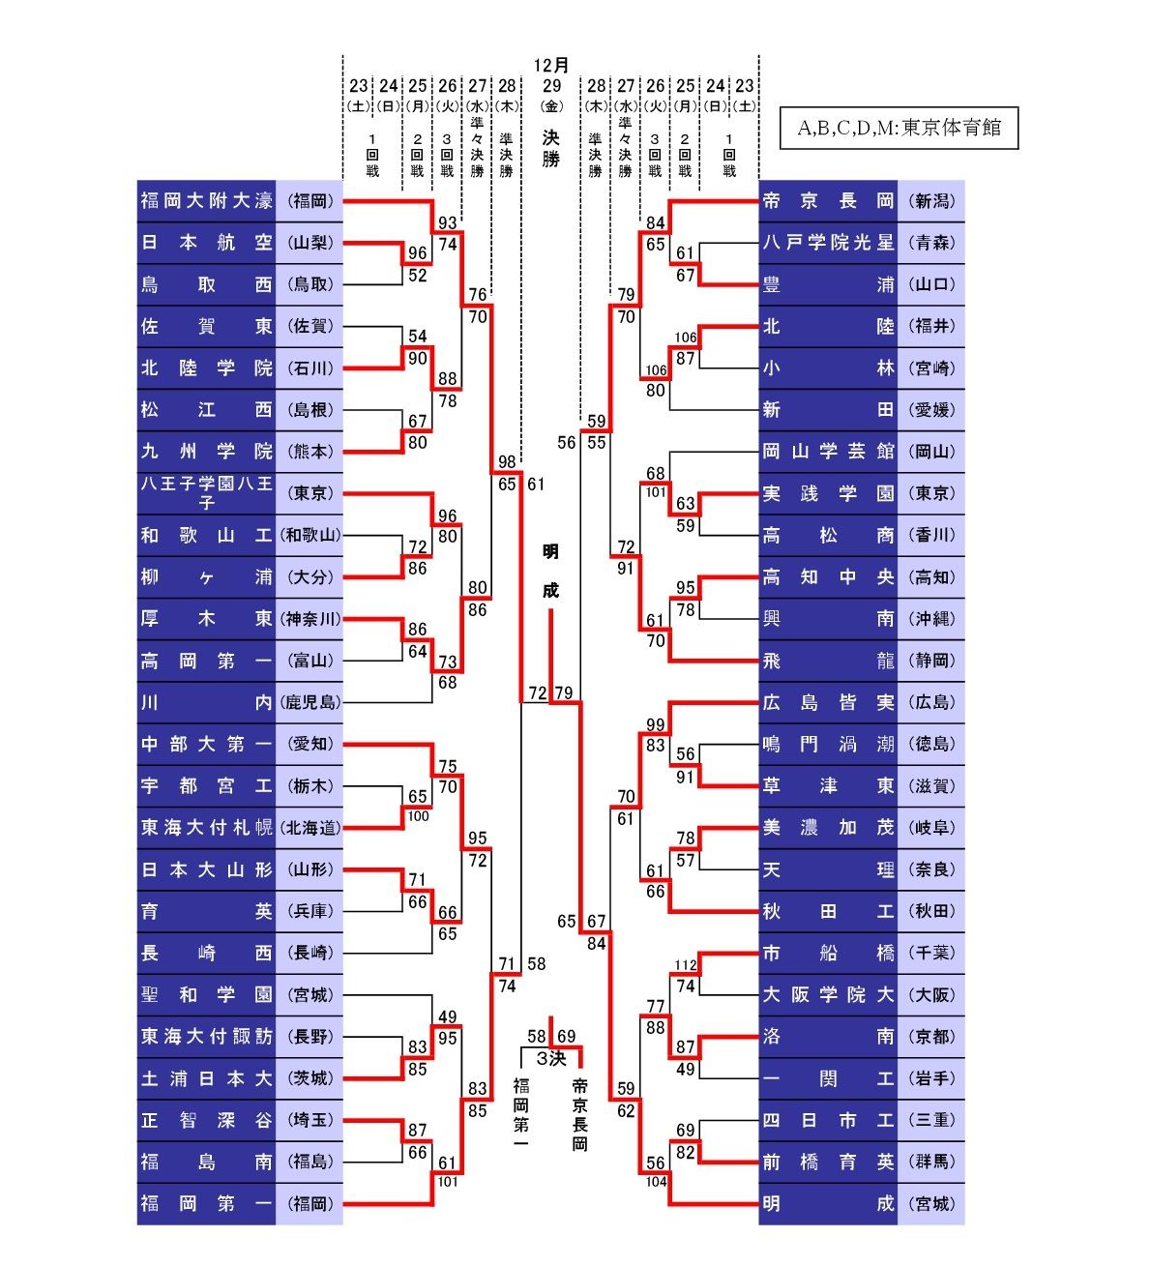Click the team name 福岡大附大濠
(206, 201)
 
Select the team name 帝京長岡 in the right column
(828, 201)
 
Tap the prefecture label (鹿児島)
(310, 703)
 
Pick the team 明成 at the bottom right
(828, 1204)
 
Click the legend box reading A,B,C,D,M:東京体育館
(899, 128)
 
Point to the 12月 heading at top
(551, 65)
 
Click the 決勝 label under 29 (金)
(551, 148)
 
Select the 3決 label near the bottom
(551, 1059)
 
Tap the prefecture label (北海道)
(310, 828)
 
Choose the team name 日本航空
(206, 243)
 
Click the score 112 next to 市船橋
(685, 965)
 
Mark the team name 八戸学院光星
(828, 243)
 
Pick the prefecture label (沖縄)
(931, 619)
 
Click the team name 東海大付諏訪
(206, 1037)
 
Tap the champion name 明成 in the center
(550, 571)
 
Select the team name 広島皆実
(828, 703)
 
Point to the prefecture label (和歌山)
(310, 535)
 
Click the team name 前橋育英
(828, 1163)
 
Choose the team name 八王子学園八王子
(206, 492)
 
